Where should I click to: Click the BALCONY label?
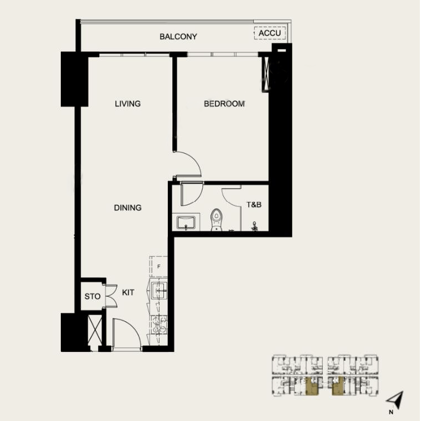click(178, 37)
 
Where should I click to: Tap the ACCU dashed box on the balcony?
click(270, 33)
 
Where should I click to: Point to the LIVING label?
click(128, 104)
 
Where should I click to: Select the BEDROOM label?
click(224, 104)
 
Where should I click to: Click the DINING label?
click(128, 207)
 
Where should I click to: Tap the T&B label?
click(254, 205)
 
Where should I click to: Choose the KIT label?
click(128, 292)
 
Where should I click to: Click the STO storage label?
click(93, 297)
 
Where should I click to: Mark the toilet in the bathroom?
click(216, 219)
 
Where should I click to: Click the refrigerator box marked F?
click(158, 267)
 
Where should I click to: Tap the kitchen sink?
click(158, 291)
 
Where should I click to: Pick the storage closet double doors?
click(110, 296)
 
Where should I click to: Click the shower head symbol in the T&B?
click(255, 226)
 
